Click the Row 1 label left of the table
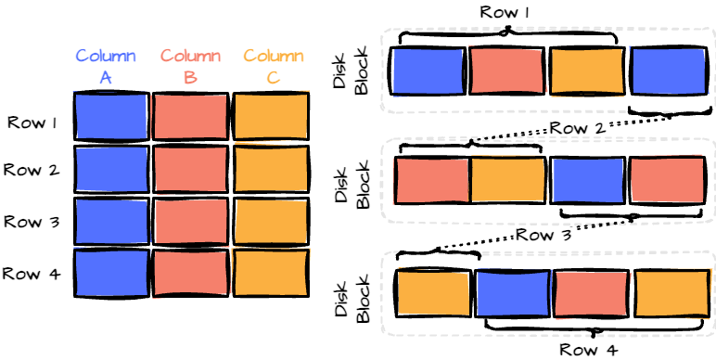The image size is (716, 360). [x=33, y=122]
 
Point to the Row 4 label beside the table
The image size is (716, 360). [x=33, y=274]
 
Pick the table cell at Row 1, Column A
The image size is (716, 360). [x=110, y=116]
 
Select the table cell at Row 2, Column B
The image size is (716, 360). [x=189, y=169]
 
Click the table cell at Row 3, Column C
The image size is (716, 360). [x=270, y=221]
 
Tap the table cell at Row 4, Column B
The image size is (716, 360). [x=189, y=273]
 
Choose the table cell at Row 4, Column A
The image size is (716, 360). [x=110, y=273]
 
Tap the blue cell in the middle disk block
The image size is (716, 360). [x=587, y=179]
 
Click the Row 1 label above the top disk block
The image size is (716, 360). [x=505, y=13]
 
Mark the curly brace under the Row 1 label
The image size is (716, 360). [x=506, y=34]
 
